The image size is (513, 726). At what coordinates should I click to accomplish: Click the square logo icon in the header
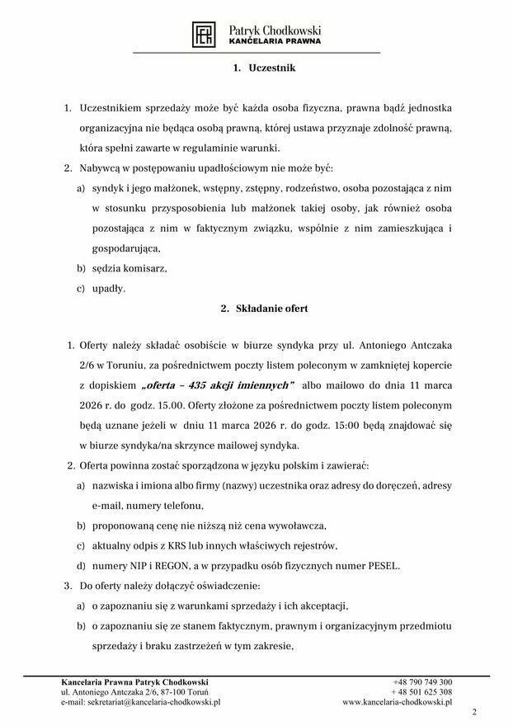pyautogui.click(x=204, y=34)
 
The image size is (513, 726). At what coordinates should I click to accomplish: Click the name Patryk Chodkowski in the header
pyautogui.click(x=275, y=29)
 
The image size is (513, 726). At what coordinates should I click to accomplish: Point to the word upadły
pyautogui.click(x=109, y=288)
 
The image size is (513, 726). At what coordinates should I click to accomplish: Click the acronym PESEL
pyautogui.click(x=382, y=565)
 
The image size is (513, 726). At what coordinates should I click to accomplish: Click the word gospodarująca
pyautogui.click(x=126, y=248)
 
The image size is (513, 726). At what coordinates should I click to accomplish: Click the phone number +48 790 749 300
pyautogui.click(x=422, y=682)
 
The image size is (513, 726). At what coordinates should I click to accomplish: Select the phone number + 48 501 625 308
pyautogui.click(x=422, y=692)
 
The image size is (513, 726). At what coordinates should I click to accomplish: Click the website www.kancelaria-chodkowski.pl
pyautogui.click(x=398, y=702)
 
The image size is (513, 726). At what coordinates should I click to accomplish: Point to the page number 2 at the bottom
pyautogui.click(x=473, y=711)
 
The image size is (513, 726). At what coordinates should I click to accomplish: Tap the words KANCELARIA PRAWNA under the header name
pyautogui.click(x=275, y=40)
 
